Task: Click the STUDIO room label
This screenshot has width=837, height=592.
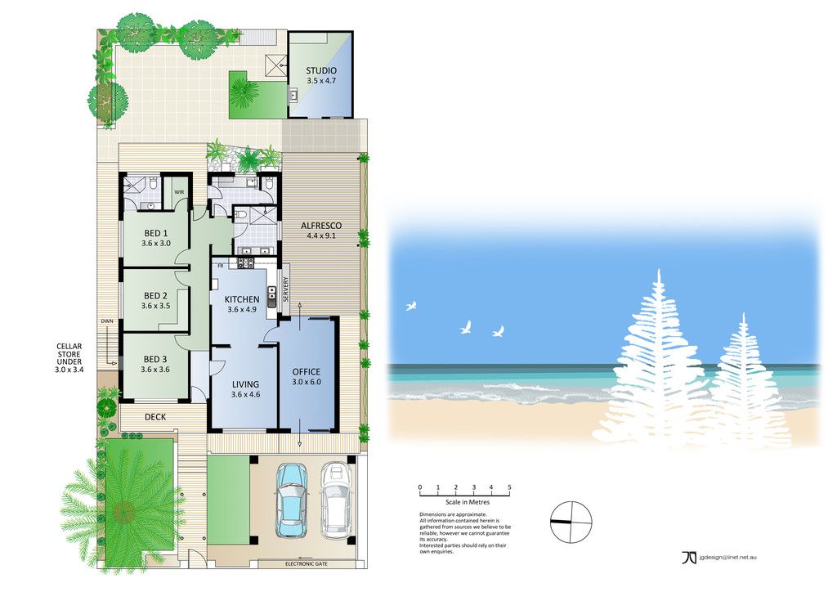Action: (x=321, y=70)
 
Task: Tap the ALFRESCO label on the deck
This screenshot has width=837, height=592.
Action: (x=320, y=226)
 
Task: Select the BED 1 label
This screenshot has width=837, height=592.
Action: (x=156, y=233)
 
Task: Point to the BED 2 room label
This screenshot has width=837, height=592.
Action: (x=155, y=296)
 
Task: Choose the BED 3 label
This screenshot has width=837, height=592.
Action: (x=155, y=359)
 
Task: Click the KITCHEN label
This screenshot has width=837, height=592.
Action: (x=242, y=299)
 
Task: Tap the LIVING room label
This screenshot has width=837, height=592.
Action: (x=245, y=384)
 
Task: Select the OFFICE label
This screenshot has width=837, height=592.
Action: (x=307, y=371)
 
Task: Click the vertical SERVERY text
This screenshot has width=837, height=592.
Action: (x=285, y=289)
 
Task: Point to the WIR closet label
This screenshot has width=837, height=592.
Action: (x=179, y=193)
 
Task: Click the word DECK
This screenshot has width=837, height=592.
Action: (x=155, y=417)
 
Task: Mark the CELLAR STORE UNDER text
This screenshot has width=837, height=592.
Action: (x=69, y=354)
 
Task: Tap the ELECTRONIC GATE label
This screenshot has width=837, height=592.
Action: (x=307, y=563)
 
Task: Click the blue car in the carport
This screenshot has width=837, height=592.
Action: (x=292, y=500)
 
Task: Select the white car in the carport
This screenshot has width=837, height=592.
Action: (x=336, y=500)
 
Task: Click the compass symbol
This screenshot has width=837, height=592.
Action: (x=571, y=522)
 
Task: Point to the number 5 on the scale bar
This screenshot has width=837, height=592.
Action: (x=509, y=487)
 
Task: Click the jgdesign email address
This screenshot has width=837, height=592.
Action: (x=727, y=558)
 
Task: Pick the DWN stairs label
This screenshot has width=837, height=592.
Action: (x=107, y=321)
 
